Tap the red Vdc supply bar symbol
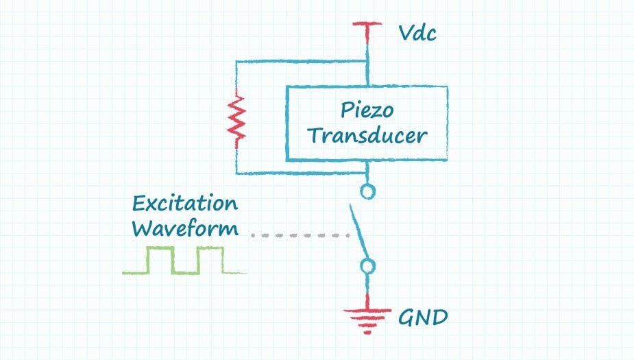pos(367,26)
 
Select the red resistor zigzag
pos(237,121)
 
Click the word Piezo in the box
pos(367,110)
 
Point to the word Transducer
pos(367,135)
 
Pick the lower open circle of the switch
pos(368,266)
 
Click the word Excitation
pos(185,204)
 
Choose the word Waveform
pos(185,228)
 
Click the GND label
pos(423,318)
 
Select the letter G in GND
pos(407,318)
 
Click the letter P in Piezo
pos(346,110)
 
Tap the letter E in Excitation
pos(139,204)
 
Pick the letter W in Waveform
pos(143,228)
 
